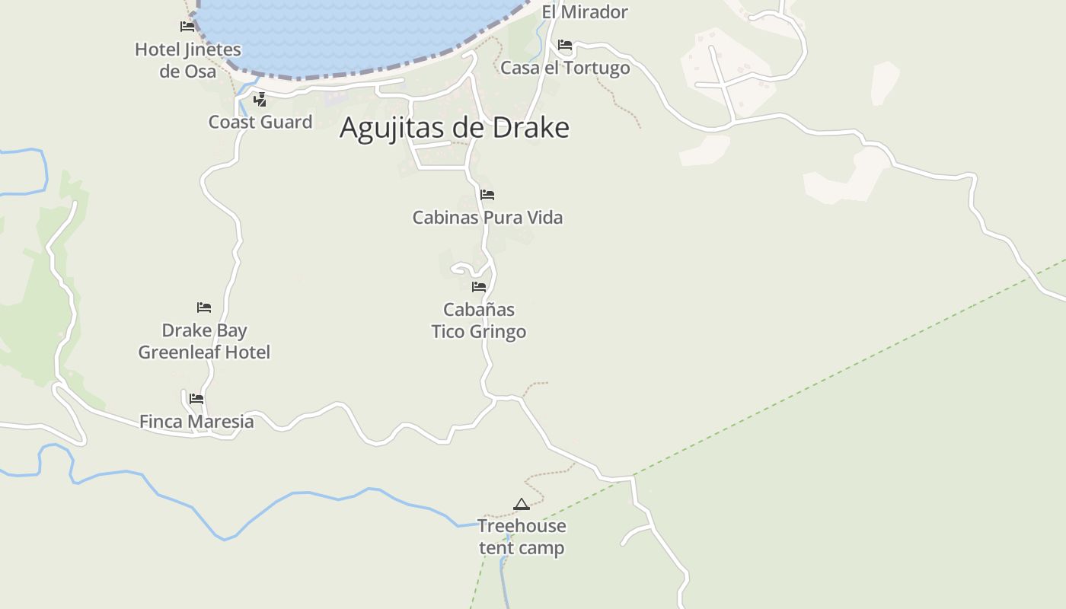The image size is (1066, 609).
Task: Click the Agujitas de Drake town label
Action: click(x=454, y=127)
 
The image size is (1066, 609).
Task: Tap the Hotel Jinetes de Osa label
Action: click(x=188, y=60)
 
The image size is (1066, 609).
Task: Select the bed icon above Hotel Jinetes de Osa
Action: click(x=187, y=27)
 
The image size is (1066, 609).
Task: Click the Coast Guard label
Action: click(x=260, y=122)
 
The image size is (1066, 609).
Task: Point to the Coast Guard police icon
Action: click(x=260, y=99)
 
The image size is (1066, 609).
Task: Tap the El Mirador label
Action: click(x=585, y=12)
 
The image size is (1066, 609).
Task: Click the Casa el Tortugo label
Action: click(x=565, y=68)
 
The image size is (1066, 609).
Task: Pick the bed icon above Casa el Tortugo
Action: click(x=565, y=45)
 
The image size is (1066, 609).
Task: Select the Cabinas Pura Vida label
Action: click(x=487, y=218)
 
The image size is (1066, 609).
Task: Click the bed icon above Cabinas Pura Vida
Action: click(x=487, y=195)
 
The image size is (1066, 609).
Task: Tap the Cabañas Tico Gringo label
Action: click(x=479, y=320)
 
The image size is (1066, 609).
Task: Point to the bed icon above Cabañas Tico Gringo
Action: click(x=479, y=287)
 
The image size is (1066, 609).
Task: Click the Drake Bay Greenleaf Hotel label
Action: click(x=204, y=341)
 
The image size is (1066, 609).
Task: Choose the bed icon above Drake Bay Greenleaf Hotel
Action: click(x=204, y=308)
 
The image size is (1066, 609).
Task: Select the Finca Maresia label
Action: click(x=196, y=421)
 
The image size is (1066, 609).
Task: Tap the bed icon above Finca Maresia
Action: click(x=196, y=398)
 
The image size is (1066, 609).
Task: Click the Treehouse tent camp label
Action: click(x=522, y=537)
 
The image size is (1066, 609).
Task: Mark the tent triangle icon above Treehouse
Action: click(x=521, y=504)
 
